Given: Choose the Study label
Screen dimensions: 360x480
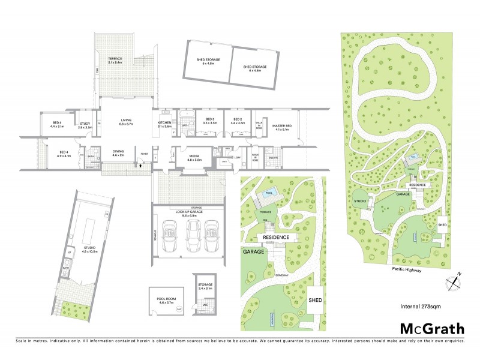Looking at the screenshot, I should [85, 126].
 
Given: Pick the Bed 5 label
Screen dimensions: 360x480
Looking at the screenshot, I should [57, 125].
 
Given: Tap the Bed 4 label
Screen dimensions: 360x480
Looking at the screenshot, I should [64, 154].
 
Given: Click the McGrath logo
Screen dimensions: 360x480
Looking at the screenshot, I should [431, 328].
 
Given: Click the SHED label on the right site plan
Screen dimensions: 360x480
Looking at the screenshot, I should [443, 224].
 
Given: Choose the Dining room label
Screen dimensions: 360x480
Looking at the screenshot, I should [118, 154].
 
